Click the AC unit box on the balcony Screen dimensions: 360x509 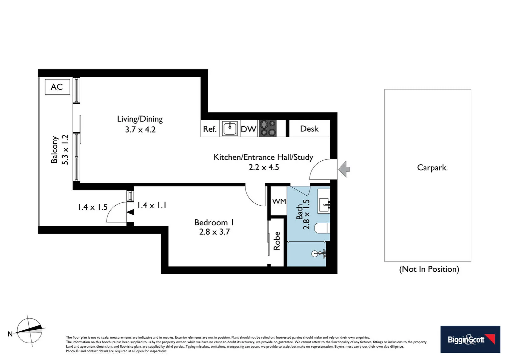point(57,87)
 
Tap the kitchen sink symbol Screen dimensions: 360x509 point(230,129)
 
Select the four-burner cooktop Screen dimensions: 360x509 point(268,128)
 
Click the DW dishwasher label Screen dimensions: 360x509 point(249,129)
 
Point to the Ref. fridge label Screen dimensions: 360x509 point(210,129)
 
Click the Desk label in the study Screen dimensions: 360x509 point(309,129)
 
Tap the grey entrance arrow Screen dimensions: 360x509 point(344,169)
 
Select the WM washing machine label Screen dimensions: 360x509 point(279,201)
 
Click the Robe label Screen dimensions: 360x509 point(277,241)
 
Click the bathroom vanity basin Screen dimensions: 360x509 point(323,202)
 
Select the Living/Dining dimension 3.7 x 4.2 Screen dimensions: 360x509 point(140,130)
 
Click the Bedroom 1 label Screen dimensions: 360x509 point(214,222)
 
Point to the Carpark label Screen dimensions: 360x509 point(431,168)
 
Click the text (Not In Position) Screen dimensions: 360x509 point(429,269)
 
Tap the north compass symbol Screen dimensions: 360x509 point(30,330)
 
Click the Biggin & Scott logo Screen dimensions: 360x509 point(470,339)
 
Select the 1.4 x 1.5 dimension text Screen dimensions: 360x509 point(93,207)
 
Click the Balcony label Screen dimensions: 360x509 point(54,150)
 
